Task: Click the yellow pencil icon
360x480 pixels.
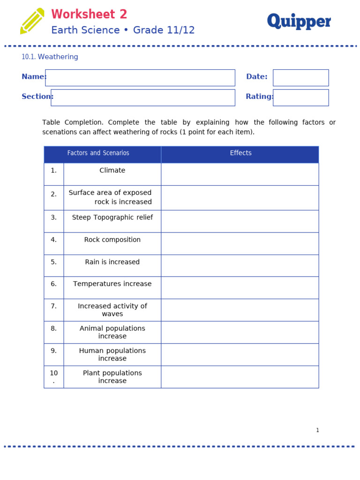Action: click(x=32, y=21)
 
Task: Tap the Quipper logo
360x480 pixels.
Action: click(x=299, y=22)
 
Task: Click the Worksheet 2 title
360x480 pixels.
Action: click(x=89, y=15)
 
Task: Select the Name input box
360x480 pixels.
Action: click(x=140, y=78)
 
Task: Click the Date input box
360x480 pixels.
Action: click(x=300, y=78)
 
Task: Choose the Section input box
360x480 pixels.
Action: click(x=143, y=97)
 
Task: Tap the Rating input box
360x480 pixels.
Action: click(x=300, y=97)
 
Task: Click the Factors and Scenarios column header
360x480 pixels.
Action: click(x=98, y=153)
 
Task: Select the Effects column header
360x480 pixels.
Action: click(x=240, y=153)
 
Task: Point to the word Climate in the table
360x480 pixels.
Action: click(x=112, y=171)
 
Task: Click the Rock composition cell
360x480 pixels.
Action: click(x=112, y=240)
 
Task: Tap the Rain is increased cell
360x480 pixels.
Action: click(x=112, y=262)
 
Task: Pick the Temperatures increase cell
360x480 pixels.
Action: click(x=112, y=284)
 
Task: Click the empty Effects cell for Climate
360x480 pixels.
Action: click(x=240, y=174)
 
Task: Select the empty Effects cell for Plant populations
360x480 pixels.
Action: click(x=240, y=377)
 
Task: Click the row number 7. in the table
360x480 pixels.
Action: click(x=53, y=306)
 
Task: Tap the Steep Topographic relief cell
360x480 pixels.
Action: click(x=112, y=218)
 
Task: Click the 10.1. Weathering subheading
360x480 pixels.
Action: click(x=50, y=57)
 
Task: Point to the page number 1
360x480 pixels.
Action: click(x=317, y=430)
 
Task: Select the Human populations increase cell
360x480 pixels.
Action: click(x=112, y=354)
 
